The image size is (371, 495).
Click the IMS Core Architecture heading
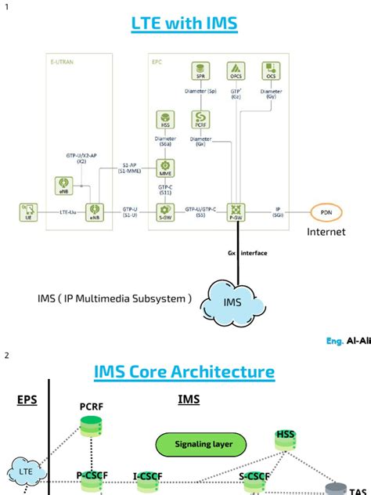click(185, 371)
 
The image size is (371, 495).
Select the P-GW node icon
click(236, 210)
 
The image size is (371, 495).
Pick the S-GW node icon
click(164, 210)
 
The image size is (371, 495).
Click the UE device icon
click(30, 211)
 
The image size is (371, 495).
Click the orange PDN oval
click(326, 211)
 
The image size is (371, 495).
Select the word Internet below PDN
click(326, 233)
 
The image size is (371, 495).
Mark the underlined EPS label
click(27, 400)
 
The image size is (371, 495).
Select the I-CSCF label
click(147, 475)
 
